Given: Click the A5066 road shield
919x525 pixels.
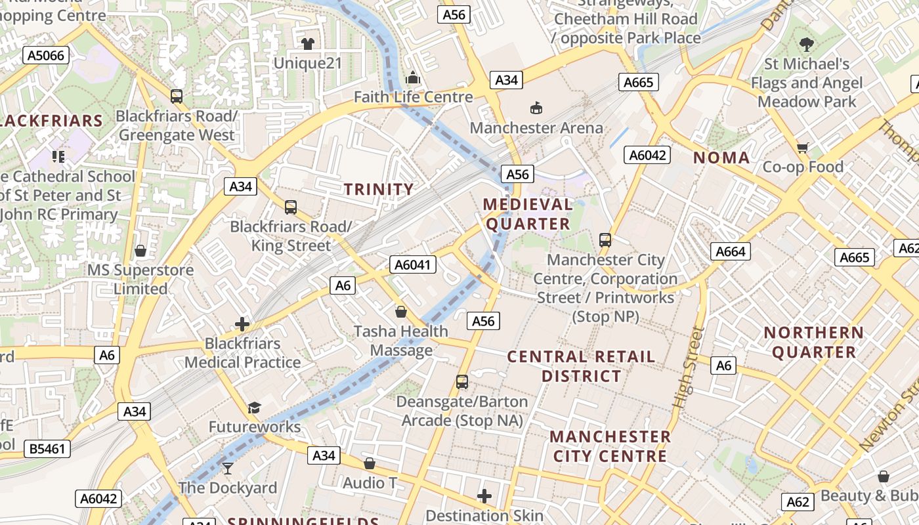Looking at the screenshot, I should (46, 55).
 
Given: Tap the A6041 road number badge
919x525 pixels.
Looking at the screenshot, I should (413, 264).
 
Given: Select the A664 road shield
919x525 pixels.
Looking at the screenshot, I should (730, 251).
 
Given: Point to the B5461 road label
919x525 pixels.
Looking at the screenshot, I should (47, 449).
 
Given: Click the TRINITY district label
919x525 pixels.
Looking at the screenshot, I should (379, 190).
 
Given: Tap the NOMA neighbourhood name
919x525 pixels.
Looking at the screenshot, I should (721, 157).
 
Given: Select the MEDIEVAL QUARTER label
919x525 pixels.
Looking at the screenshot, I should (528, 214).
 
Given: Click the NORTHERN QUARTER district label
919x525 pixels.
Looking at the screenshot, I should (814, 343).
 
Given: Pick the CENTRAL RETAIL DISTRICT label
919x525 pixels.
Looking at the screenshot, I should (581, 366).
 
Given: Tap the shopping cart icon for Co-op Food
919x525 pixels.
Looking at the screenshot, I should (802, 148).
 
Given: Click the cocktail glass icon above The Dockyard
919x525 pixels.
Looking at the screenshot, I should (228, 468).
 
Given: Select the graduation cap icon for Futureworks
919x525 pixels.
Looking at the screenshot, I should (254, 408).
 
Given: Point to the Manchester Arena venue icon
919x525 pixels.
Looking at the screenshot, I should (536, 108).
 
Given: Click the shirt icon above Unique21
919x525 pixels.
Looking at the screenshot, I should (308, 44).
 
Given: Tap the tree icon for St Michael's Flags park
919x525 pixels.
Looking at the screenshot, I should (807, 45).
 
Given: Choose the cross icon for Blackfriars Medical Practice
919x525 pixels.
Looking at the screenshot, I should (242, 324).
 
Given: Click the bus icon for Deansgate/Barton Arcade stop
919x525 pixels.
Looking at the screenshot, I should (462, 381).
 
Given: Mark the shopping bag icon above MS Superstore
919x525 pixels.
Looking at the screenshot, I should (140, 251).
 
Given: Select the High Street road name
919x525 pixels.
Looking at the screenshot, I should (687, 367).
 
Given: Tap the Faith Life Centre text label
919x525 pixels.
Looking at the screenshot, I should (413, 97).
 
